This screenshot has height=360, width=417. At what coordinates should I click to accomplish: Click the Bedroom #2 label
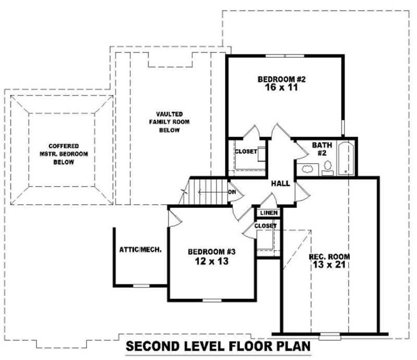tap(281, 79)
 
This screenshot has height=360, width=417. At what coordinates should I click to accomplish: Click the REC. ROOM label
tap(329, 257)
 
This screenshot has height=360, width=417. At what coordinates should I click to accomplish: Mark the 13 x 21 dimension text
tap(329, 265)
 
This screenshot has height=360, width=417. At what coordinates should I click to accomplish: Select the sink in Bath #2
tap(308, 169)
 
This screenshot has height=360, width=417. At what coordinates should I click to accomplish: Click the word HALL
tap(280, 183)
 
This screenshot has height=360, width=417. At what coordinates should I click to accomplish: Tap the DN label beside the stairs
tap(232, 192)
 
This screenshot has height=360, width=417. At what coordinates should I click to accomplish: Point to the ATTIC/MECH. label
tap(140, 250)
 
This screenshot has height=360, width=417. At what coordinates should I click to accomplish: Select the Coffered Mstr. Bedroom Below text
tap(60, 154)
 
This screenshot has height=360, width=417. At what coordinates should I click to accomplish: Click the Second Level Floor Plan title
tap(218, 346)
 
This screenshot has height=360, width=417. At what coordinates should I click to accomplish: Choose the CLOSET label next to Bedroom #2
tap(246, 152)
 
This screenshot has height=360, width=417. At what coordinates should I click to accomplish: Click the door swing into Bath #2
tap(301, 148)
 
